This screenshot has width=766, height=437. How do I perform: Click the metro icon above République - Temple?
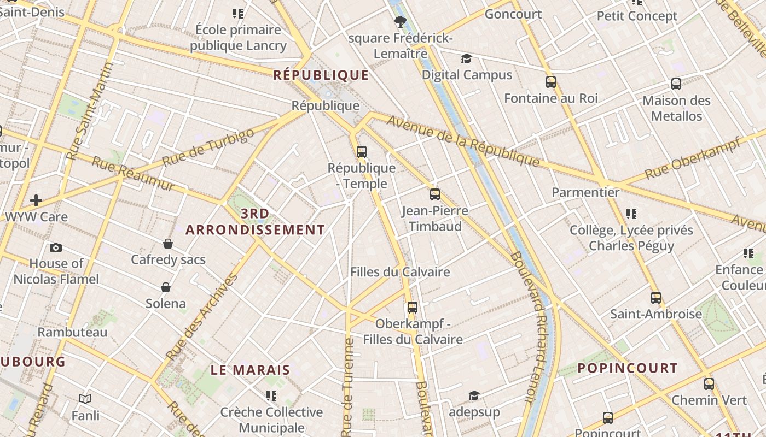pyautogui.click(x=362, y=152)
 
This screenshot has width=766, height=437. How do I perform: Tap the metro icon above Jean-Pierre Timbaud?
pyautogui.click(x=435, y=194)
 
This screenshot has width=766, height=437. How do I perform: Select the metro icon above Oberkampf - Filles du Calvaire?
pyautogui.click(x=413, y=308)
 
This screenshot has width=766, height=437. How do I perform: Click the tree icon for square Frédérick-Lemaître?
pyautogui.click(x=401, y=22)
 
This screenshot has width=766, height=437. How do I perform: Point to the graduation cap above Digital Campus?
pyautogui.click(x=466, y=58)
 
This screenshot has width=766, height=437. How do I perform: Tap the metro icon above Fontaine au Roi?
pyautogui.click(x=551, y=82)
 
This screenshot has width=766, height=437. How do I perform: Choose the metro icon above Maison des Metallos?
pyautogui.click(x=676, y=84)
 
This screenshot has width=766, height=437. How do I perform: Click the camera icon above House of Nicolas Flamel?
pyautogui.click(x=56, y=247)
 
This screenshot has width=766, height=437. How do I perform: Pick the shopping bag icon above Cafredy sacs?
pyautogui.click(x=168, y=244)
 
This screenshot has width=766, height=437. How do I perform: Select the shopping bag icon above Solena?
pyautogui.click(x=166, y=287)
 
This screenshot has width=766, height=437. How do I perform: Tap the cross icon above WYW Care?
pyautogui.click(x=36, y=200)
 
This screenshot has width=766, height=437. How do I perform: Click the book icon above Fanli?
pyautogui.click(x=85, y=399)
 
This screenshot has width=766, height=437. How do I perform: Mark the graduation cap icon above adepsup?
pyautogui.click(x=474, y=395)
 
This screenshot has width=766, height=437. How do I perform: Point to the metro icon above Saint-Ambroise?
pyautogui.click(x=656, y=298)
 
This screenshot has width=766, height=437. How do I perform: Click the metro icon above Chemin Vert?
pyautogui.click(x=709, y=384)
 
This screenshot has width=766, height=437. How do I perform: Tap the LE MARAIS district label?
pyautogui.click(x=250, y=370)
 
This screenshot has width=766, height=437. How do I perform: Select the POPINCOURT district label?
pyautogui.click(x=628, y=368)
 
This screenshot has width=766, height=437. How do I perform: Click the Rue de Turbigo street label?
pyautogui.click(x=208, y=147)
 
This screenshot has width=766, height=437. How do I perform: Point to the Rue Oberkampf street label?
pyautogui.click(x=693, y=158)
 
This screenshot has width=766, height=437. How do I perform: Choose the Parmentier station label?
pyautogui.click(x=585, y=192)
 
